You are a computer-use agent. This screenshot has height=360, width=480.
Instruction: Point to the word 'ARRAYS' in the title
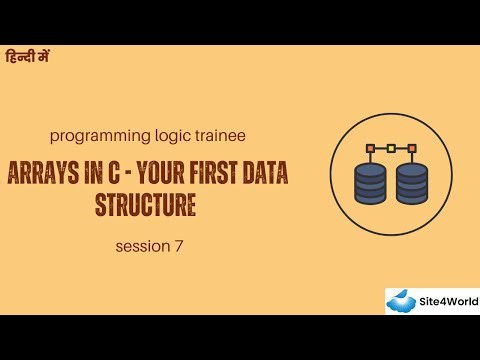(47, 174)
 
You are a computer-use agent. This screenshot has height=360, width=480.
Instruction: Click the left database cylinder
(371, 183)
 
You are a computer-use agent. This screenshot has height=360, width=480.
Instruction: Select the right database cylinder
(412, 183)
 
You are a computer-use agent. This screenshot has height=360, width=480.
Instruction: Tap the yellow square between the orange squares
(391, 148)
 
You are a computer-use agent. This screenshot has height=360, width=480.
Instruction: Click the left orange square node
(371, 148)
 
